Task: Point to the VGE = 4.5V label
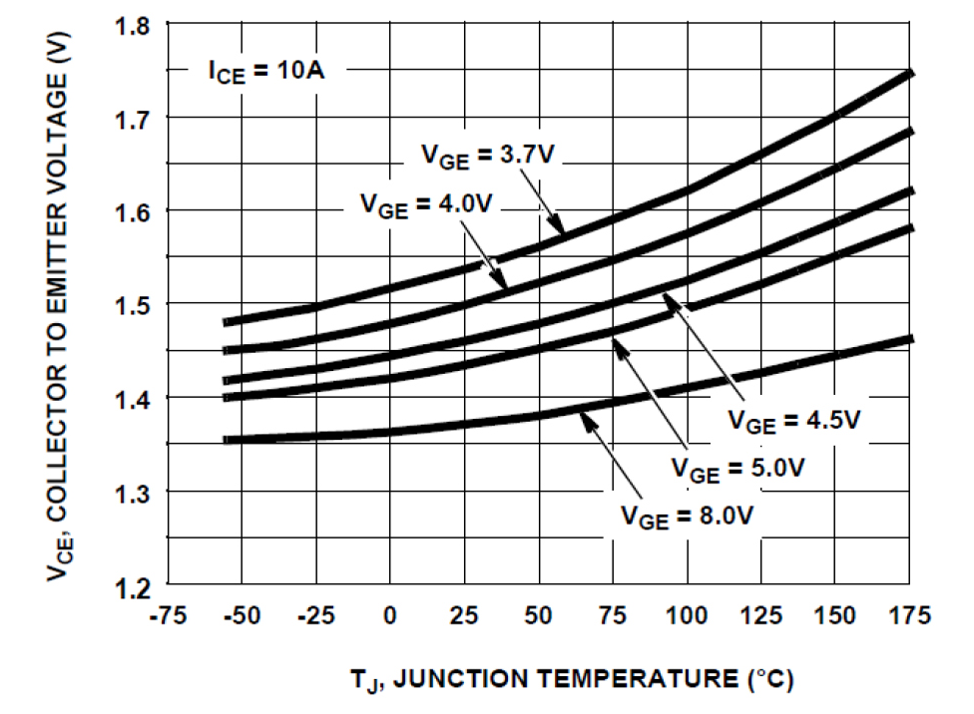point(792,420)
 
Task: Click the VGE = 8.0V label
point(686,516)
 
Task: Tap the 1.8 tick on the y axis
point(133,26)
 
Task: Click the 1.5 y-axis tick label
point(133,304)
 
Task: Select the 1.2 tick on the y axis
point(133,584)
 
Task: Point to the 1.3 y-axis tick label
point(133,492)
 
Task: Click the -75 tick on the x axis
point(169,615)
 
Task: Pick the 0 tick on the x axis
point(390,615)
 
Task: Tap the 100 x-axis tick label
point(687,615)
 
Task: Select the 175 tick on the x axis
point(909,615)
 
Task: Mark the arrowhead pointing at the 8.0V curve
point(587,420)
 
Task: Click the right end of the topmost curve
point(909,72)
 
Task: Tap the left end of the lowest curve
point(226,439)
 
